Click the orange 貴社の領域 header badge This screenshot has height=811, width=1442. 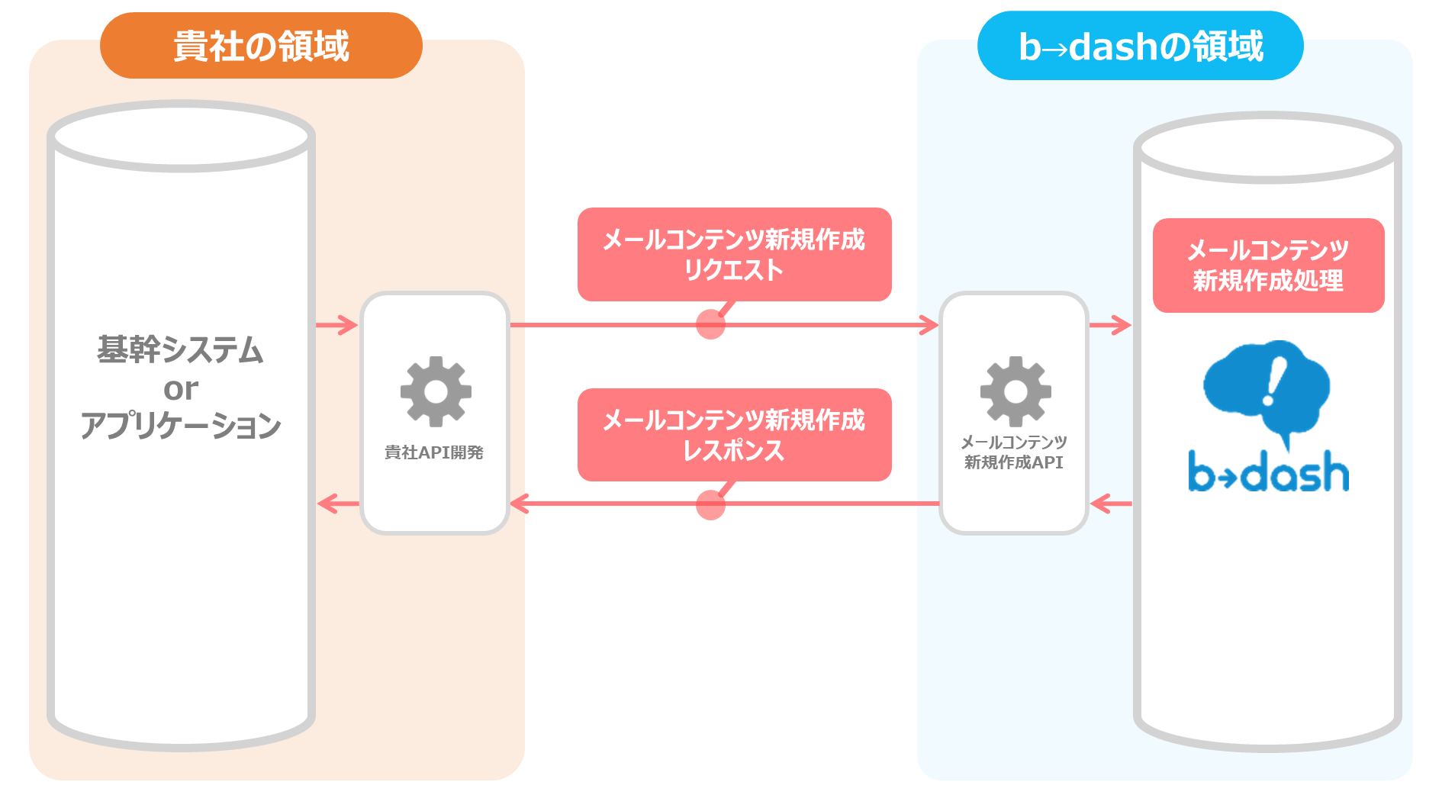[x=261, y=46]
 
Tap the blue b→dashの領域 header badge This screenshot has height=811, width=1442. [x=1140, y=46]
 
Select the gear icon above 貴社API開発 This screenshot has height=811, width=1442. [x=436, y=391]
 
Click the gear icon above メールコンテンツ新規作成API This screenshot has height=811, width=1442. [x=1016, y=391]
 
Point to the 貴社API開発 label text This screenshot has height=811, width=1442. [x=434, y=452]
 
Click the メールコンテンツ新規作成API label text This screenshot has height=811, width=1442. [x=1014, y=452]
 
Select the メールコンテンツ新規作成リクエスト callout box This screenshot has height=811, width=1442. [x=735, y=254]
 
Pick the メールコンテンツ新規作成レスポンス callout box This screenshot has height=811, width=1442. [x=735, y=435]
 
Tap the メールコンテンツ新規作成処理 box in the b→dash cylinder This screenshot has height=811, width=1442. [x=1268, y=266]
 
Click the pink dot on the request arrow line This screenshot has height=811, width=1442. [x=710, y=324]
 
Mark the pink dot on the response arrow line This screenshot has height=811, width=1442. [x=710, y=504]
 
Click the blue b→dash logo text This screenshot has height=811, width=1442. [x=1268, y=471]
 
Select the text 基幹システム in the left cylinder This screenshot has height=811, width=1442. [x=180, y=350]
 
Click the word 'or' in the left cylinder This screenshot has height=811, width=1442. [x=181, y=389]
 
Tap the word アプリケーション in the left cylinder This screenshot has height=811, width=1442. [x=181, y=426]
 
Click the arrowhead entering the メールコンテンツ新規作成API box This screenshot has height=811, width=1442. [x=929, y=325]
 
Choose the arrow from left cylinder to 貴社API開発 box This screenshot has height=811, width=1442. [x=337, y=325]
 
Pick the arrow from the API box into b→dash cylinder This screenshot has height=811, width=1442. [x=1111, y=325]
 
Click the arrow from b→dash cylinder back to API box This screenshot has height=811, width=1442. [x=1111, y=504]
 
